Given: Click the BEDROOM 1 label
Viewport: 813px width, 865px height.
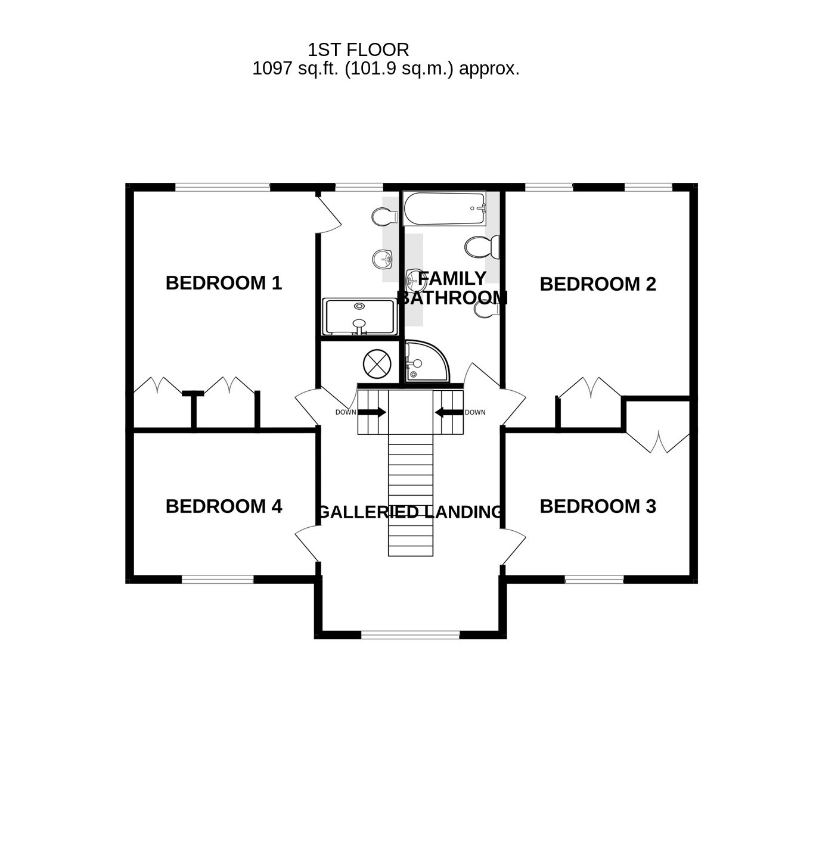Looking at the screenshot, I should [x=224, y=283].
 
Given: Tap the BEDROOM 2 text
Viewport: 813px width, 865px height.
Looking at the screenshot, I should [x=597, y=284].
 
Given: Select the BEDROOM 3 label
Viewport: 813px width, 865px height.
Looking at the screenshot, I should [x=597, y=506].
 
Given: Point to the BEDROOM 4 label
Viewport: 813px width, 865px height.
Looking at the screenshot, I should [x=224, y=506].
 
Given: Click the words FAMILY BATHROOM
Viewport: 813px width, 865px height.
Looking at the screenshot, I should [x=452, y=288].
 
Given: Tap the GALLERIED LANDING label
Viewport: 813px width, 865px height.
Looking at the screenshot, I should [x=410, y=512].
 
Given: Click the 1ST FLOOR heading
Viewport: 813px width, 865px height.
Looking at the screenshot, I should [x=358, y=49].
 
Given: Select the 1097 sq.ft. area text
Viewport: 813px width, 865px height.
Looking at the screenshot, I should [x=386, y=69].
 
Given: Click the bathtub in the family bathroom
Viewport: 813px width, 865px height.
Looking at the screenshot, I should [x=444, y=209].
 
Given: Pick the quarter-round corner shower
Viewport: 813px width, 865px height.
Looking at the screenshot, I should [x=424, y=361].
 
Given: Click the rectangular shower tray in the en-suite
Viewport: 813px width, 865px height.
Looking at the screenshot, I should [x=359, y=316].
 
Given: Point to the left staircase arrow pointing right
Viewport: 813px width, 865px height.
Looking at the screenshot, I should [x=372, y=412].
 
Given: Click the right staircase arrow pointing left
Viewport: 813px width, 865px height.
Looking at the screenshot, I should [x=449, y=412].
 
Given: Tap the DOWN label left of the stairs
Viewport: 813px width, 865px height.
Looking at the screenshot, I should [x=345, y=412].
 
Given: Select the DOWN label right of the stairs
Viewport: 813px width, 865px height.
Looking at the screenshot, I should [x=475, y=412].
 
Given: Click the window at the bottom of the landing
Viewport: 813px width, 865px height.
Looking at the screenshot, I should [x=411, y=635].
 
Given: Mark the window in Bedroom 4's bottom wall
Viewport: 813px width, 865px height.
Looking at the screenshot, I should [x=218, y=579].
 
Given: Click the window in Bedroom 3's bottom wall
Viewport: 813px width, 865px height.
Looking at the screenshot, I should [x=594, y=579].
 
